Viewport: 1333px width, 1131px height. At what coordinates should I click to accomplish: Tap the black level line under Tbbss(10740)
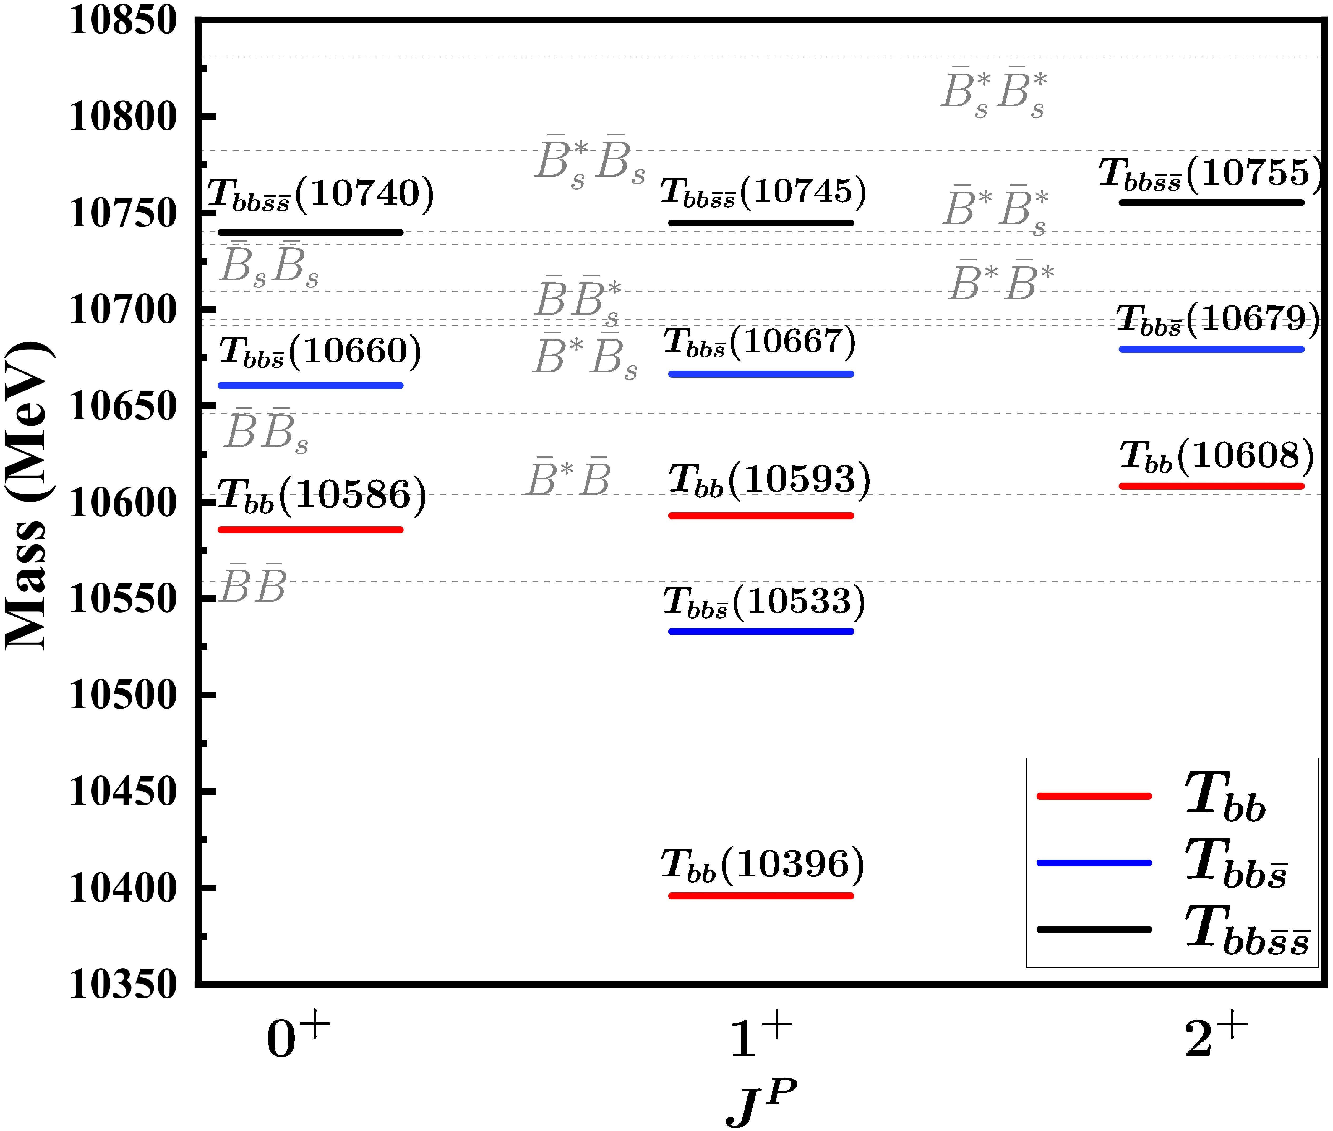(311, 232)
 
